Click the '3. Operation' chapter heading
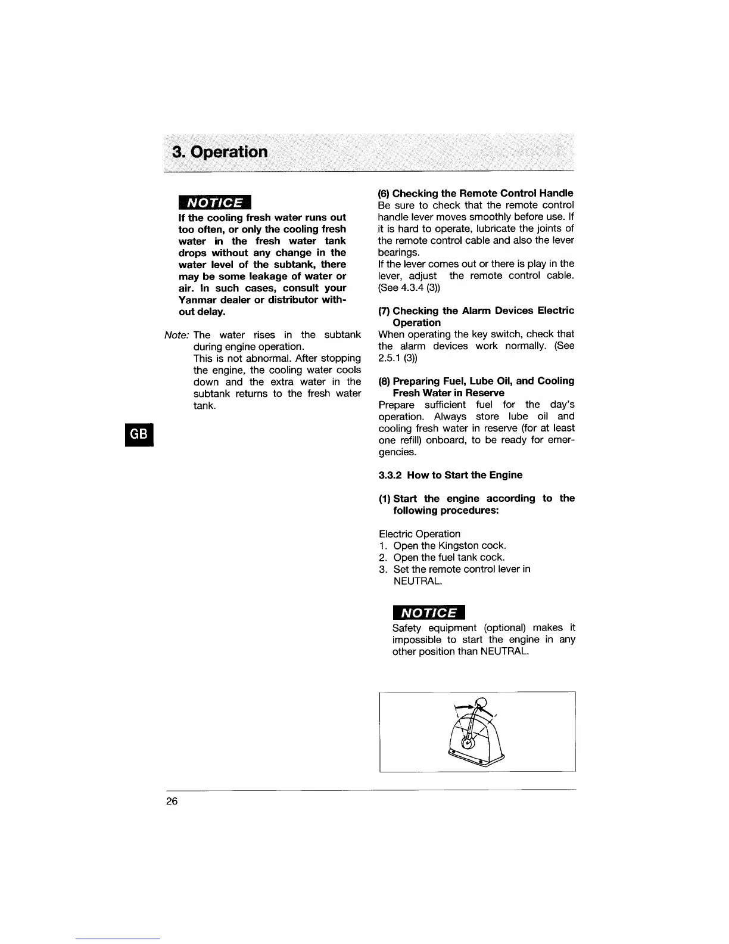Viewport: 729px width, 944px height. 220,151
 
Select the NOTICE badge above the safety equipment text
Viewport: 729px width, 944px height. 428,613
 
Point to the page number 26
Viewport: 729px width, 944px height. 172,801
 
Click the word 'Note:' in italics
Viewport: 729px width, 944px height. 176,335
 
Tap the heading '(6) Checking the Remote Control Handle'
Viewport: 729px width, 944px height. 476,193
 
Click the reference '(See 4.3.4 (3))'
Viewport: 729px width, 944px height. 409,287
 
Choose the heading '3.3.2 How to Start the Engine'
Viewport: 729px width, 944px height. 450,475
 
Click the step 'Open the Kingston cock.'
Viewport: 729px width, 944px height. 450,545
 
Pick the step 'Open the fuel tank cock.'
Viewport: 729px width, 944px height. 449,557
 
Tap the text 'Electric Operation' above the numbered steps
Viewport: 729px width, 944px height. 419,534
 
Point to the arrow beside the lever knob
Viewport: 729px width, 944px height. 464,706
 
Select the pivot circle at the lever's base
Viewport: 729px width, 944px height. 468,743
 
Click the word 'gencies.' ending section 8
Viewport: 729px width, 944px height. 397,452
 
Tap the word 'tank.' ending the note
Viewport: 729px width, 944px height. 204,405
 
